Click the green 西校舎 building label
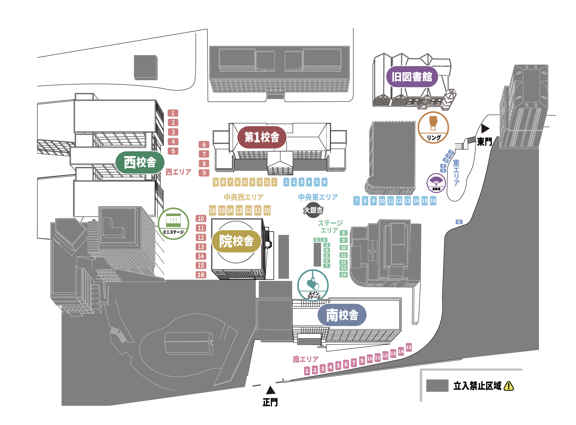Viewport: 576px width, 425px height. [140, 162]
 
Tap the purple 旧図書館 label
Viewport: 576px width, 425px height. [412, 77]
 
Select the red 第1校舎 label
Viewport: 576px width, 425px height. [262, 137]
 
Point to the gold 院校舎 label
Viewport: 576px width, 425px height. [236, 241]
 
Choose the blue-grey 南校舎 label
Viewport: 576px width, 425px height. [342, 315]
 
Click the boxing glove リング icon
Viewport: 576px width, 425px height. [433, 127]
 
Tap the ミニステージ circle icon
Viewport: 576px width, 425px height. [173, 223]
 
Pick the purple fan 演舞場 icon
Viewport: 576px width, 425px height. [436, 183]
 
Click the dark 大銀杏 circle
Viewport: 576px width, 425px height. [313, 210]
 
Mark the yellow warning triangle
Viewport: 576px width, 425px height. [509, 386]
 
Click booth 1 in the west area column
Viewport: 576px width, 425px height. [173, 113]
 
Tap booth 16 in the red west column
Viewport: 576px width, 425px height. [201, 275]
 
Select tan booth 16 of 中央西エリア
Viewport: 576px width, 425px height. [212, 210]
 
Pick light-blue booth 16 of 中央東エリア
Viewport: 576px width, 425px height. [433, 201]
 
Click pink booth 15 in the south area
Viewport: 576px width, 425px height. [409, 347]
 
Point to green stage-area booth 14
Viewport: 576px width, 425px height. [343, 275]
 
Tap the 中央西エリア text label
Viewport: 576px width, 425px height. [244, 197]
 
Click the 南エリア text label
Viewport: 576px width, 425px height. [306, 359]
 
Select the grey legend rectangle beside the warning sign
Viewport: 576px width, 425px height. [437, 385]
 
